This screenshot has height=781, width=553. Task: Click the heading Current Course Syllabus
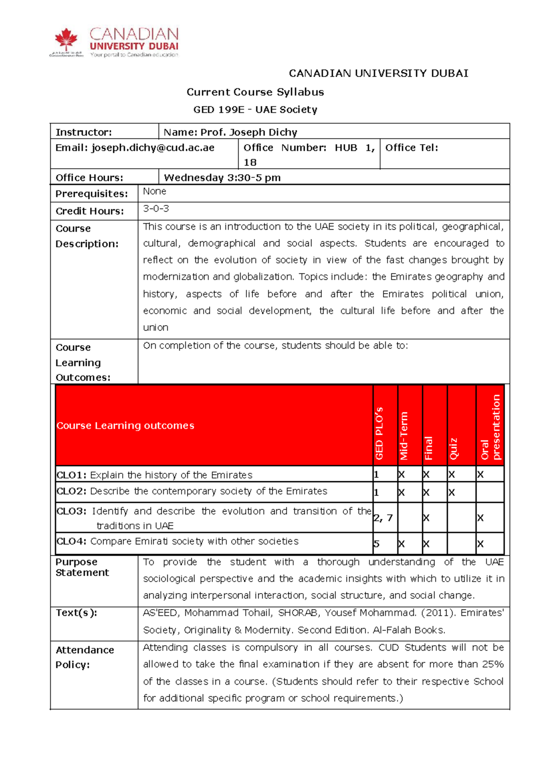pos(255,92)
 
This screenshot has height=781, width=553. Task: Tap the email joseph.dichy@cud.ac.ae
pos(153,148)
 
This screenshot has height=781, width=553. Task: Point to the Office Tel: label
pos(412,148)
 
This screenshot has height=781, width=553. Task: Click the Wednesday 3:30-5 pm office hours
pos(222,178)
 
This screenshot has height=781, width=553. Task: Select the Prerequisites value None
pos(154,191)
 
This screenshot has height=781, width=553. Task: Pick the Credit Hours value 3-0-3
pos(156,209)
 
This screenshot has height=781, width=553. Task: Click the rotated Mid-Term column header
pos(404,436)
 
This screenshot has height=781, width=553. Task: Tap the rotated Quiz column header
pos(453,448)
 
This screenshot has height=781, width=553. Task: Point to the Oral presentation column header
pos(490,427)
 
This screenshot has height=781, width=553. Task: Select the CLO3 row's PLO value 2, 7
pos(383,518)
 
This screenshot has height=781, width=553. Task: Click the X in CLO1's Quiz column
pos(452,475)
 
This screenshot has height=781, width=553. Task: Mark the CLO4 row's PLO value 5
pos(376,544)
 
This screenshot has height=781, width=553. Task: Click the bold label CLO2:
pos(71,491)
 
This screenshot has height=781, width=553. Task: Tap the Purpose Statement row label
pos(82,567)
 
